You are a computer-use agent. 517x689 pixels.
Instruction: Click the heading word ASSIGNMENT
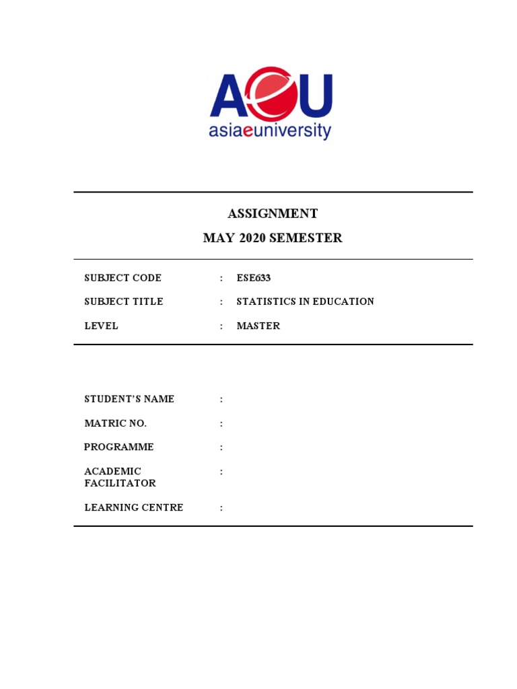click(x=273, y=214)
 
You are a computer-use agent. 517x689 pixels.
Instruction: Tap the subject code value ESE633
click(x=254, y=278)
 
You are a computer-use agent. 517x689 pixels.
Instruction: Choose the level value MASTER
click(x=258, y=326)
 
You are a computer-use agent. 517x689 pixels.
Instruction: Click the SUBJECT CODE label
click(x=123, y=278)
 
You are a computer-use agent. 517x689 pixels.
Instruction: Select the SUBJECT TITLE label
click(x=123, y=301)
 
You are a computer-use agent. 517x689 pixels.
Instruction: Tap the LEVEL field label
click(x=101, y=326)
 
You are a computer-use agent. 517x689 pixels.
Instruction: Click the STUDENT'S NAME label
click(x=129, y=399)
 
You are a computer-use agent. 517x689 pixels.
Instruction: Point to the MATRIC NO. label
click(x=115, y=423)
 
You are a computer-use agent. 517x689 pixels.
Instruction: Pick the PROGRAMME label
click(x=118, y=447)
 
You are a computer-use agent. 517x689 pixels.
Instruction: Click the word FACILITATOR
click(x=120, y=483)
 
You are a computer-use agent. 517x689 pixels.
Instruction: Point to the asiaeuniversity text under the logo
click(x=270, y=130)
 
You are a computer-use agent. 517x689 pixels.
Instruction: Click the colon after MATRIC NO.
click(x=221, y=423)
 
